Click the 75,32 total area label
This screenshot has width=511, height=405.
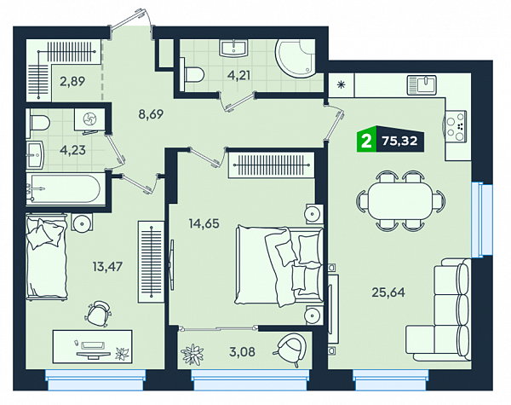tap(400, 141)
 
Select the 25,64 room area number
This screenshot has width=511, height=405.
tap(388, 292)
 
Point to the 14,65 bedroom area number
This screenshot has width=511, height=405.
tap(204, 223)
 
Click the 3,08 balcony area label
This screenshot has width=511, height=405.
tap(242, 352)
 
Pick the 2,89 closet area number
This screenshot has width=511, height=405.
tap(72, 81)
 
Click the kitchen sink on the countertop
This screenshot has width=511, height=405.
tap(422, 85)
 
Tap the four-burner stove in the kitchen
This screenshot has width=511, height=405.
tap(454, 126)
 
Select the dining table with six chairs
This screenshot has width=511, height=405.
tap(401, 200)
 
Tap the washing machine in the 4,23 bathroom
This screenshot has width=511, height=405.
tap(89, 119)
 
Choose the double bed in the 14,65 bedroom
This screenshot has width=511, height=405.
tap(278, 266)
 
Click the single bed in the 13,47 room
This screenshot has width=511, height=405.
tap(47, 257)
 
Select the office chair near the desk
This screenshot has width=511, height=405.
tap(98, 313)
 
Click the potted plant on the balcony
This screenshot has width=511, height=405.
tap(192, 353)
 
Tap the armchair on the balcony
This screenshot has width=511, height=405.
tap(291, 349)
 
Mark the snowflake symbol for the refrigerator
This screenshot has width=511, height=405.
tap(342, 85)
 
